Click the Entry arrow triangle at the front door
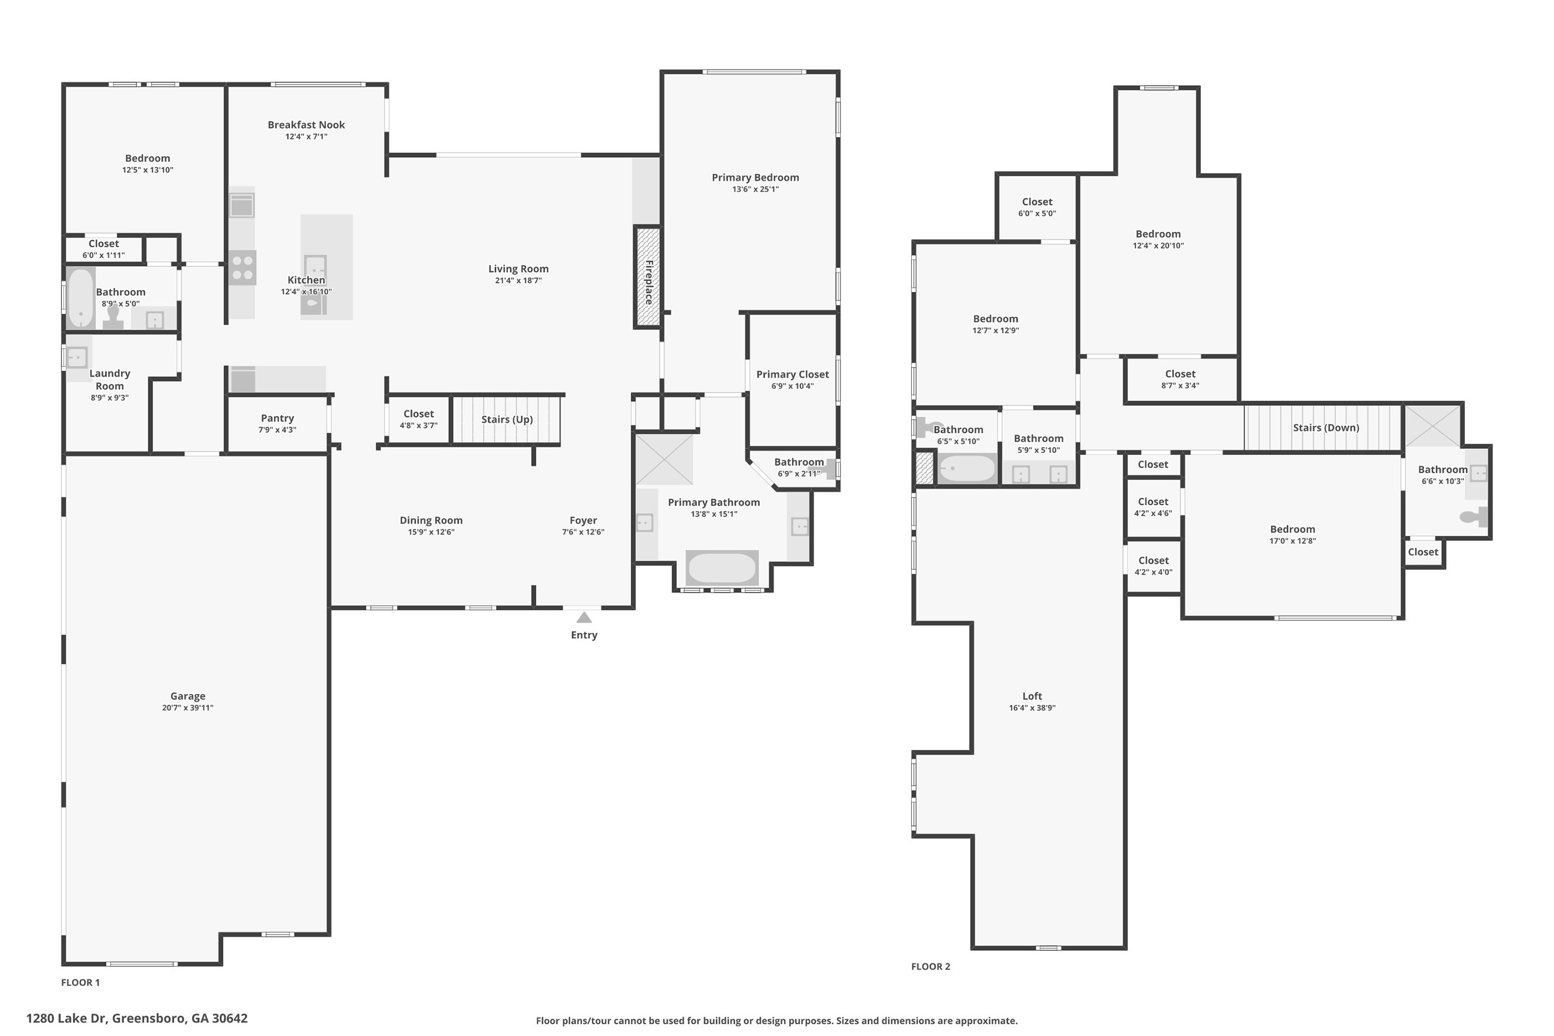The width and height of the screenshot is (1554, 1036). click(584, 618)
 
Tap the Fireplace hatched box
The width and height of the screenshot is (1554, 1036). click(648, 277)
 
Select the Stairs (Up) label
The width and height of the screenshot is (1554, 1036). click(506, 420)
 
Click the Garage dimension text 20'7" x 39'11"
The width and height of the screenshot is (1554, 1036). click(188, 707)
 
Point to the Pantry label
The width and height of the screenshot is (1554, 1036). click(277, 418)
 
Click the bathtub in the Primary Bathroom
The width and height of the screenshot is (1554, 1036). click(722, 567)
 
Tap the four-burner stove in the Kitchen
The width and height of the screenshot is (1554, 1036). click(242, 268)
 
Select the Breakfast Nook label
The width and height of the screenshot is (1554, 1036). click(306, 125)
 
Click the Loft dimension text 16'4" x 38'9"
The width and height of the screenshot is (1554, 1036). click(1032, 707)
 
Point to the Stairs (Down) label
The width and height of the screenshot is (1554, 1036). click(1326, 428)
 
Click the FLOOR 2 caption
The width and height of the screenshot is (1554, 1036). click(930, 966)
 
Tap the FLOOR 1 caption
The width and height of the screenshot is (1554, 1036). click(81, 982)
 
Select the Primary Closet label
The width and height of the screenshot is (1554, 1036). click(792, 375)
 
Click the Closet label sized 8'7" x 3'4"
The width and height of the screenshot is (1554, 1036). click(1180, 374)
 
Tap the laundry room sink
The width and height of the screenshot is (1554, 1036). click(77, 357)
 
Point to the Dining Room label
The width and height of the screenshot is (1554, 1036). click(431, 521)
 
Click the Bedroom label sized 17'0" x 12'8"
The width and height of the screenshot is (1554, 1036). click(1292, 530)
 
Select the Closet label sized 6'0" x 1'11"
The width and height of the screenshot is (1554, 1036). click(104, 244)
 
